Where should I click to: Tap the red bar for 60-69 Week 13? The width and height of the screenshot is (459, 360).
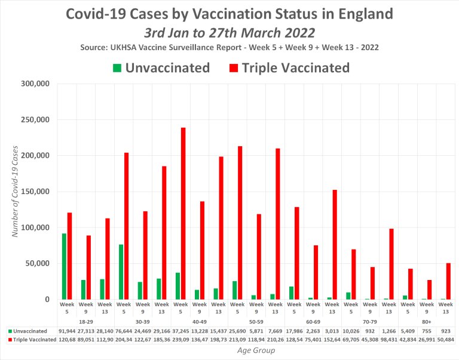click(335, 244)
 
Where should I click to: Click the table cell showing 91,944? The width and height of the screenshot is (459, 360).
click(67, 330)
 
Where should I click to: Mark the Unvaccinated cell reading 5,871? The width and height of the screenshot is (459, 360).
click(256, 330)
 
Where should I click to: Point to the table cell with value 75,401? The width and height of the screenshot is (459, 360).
click(313, 340)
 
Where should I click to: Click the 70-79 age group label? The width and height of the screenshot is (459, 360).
click(370, 321)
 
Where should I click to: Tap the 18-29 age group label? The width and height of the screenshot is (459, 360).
click(86, 321)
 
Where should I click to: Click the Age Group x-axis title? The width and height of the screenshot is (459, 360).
click(255, 351)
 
